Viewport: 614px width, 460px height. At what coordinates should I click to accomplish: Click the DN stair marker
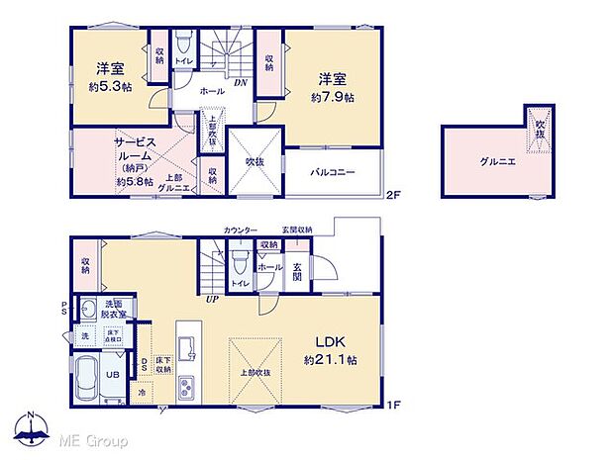click(x=240, y=83)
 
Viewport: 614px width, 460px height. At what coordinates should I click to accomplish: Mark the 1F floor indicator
click(x=394, y=405)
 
